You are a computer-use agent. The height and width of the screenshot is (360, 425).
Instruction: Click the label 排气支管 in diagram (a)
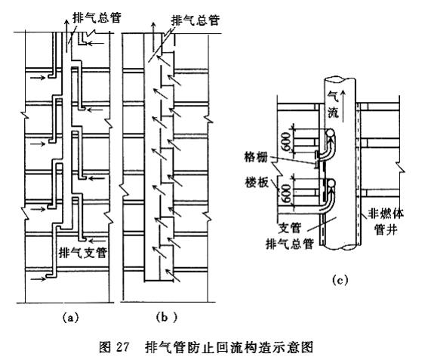coord(83,253)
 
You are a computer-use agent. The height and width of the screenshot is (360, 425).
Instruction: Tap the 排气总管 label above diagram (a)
coord(97,17)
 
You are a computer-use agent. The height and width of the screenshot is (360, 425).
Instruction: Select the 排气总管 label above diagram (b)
coord(196,20)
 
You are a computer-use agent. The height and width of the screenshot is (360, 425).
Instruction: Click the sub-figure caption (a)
coord(70,317)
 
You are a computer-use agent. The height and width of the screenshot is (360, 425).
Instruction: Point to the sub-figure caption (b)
coord(166,317)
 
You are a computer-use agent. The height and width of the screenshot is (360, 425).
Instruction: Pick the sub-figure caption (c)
coord(340,280)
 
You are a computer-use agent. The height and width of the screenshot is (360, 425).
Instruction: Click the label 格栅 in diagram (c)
coord(256,157)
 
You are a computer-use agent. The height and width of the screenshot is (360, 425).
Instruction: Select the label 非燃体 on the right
coord(386,214)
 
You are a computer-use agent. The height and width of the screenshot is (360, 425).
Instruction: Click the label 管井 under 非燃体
coord(386,229)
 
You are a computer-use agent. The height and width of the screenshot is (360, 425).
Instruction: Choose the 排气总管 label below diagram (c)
coord(290,244)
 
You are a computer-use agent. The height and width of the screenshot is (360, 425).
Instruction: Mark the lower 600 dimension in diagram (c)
coord(287,193)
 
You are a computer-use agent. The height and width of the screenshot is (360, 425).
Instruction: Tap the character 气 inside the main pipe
coord(333,97)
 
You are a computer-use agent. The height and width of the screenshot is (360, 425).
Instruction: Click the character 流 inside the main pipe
coord(333,112)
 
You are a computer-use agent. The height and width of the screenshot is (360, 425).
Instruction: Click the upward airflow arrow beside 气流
coord(343,106)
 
